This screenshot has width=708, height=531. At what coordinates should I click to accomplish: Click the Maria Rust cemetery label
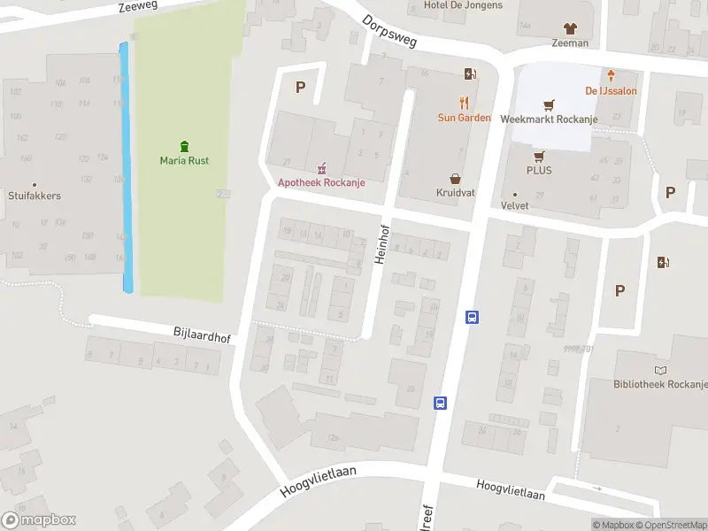pyautogui.click(x=184, y=160)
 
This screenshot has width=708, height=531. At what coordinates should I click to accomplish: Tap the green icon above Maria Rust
pyautogui.click(x=184, y=146)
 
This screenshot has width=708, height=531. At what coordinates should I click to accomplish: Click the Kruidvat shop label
pyautogui.click(x=456, y=192)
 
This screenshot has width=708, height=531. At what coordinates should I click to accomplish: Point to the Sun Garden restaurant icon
pyautogui.click(x=464, y=103)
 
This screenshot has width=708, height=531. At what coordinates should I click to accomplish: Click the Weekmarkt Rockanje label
pyautogui.click(x=549, y=119)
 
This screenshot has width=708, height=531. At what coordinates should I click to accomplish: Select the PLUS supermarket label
pyautogui.click(x=539, y=170)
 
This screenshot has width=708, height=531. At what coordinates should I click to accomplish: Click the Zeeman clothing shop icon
pyautogui.click(x=570, y=28)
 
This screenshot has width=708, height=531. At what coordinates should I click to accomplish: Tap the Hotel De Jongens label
pyautogui.click(x=463, y=5)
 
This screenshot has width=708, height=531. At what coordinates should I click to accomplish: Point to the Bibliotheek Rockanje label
pyautogui.click(x=659, y=384)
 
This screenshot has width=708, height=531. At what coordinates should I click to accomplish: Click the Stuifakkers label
pyautogui.click(x=35, y=196)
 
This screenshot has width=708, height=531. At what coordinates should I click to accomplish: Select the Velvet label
pyautogui.click(x=515, y=205)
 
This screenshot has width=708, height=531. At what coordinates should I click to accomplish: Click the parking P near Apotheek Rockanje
pyautogui.click(x=300, y=87)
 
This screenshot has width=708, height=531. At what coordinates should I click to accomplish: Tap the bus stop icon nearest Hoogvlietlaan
pyautogui.click(x=440, y=404)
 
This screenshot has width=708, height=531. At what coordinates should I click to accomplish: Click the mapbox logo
pyautogui.click(x=39, y=520)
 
